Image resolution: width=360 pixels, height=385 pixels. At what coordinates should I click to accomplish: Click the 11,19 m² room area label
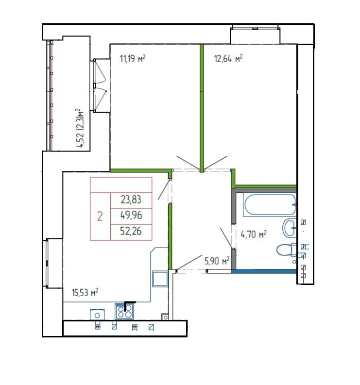(133, 59)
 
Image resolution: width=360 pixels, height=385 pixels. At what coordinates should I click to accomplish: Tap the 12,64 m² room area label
(228, 59)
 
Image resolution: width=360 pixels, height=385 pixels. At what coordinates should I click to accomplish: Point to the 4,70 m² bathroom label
(254, 235)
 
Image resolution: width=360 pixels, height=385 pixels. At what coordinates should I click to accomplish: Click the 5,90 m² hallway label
(217, 261)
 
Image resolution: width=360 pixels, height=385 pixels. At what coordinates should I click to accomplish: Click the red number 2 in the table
(100, 216)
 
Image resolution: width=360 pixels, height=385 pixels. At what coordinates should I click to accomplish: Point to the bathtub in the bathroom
(270, 205)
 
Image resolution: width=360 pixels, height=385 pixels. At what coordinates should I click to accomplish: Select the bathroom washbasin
(290, 226)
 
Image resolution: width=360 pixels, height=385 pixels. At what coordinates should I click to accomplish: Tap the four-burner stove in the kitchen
(123, 311)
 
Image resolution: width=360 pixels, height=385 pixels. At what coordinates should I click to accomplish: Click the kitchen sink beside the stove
(98, 315)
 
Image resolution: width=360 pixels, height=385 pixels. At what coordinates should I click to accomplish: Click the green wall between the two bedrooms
(201, 107)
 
